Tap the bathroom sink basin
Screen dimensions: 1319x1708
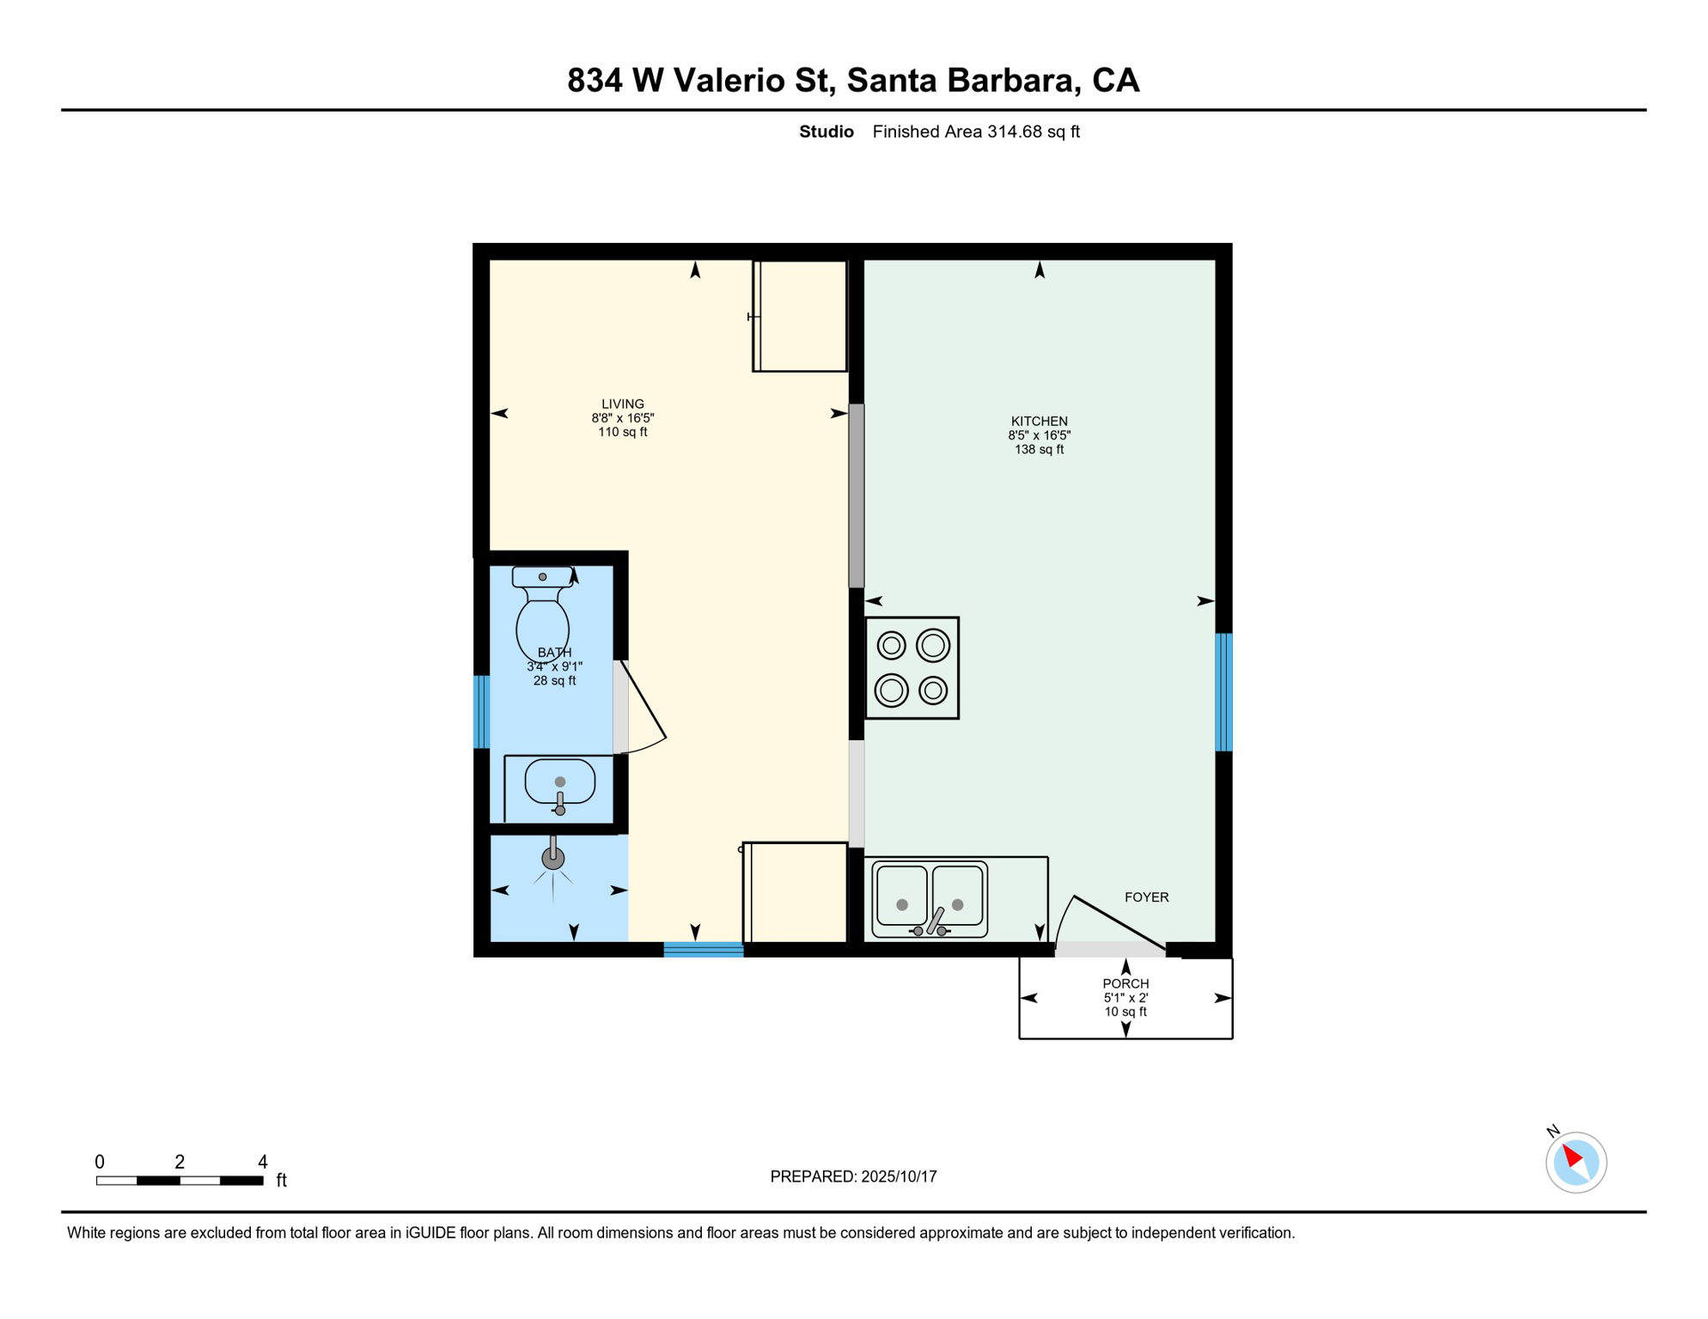[559, 782]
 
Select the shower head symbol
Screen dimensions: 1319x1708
[552, 857]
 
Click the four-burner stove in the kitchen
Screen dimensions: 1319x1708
[912, 668]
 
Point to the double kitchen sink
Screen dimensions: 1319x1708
[930, 900]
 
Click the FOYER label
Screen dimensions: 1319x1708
[1146, 897]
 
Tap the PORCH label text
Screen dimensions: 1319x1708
[1125, 984]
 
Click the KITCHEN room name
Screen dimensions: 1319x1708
[1039, 422]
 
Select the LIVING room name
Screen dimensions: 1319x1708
[622, 404]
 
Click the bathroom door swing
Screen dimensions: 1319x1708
[643, 708]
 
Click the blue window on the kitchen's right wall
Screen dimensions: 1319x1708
[1223, 692]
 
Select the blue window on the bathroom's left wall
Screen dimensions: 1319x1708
[482, 712]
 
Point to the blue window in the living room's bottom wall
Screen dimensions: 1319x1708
[703, 949]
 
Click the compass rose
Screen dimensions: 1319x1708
[1576, 1162]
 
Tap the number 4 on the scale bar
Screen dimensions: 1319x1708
[263, 1162]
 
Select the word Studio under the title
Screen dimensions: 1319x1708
[826, 131]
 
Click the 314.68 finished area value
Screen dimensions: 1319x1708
[1014, 131]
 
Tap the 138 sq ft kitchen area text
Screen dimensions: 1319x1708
[1039, 449]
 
